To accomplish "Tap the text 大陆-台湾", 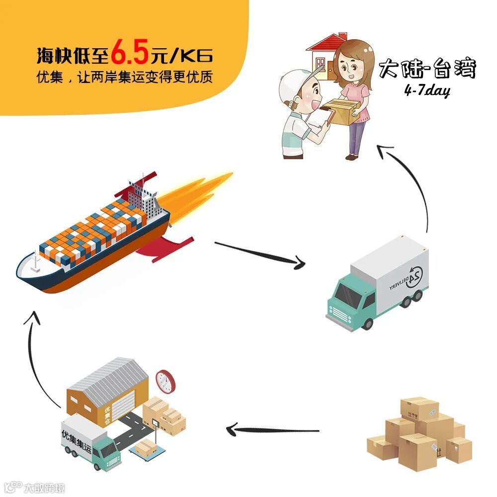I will point(427,69).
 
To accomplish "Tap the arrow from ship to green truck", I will point(258,253).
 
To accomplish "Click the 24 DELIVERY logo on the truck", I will point(408,279).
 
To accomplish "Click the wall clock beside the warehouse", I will point(166,381).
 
